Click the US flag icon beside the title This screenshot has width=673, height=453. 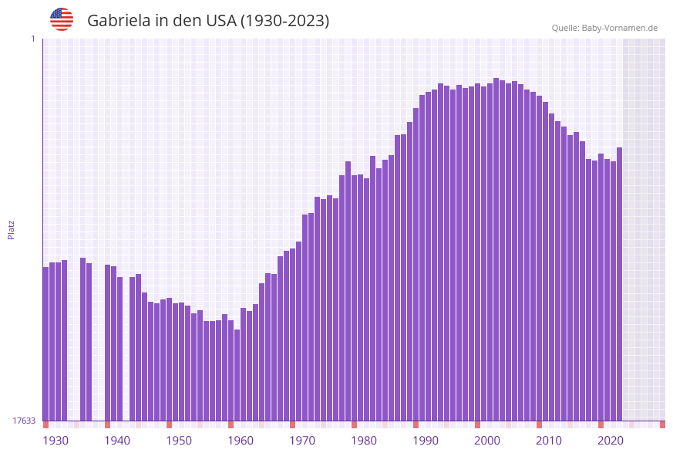point(62,19)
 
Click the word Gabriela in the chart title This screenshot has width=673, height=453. point(119,21)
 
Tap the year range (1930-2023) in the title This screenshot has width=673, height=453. point(285,21)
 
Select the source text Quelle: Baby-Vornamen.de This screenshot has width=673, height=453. point(604,28)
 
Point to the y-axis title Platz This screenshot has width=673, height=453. point(12,229)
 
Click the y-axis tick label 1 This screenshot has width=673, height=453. point(32,39)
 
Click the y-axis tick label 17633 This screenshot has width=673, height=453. point(24,421)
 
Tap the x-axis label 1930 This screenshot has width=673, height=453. point(56,441)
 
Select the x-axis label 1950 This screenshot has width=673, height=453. point(179,441)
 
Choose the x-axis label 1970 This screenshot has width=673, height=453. point(302,441)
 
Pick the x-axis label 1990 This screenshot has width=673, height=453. point(426,441)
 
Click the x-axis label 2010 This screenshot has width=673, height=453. point(549,441)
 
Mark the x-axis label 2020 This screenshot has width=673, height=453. point(611,441)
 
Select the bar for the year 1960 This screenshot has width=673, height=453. point(231,370)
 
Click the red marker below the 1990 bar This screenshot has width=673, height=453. point(416,424)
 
